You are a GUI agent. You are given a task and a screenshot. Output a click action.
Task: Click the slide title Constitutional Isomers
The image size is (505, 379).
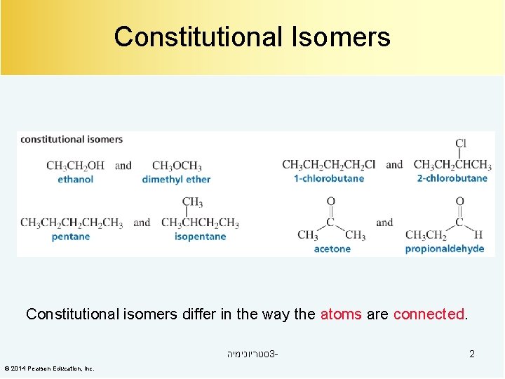pos(252,36)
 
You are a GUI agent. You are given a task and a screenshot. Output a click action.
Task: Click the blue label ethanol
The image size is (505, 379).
pos(75,180)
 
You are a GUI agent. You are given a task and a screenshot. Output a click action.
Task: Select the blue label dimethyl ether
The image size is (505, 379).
pos(176,180)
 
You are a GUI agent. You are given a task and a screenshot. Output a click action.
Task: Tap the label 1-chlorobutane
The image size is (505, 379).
pos(329,178)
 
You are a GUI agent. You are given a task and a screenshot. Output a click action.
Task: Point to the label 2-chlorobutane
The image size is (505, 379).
pos(452,178)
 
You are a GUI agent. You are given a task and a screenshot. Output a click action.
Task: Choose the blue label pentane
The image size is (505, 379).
pos(71,237)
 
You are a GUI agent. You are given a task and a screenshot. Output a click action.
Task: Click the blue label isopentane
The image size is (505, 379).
pos(200,237)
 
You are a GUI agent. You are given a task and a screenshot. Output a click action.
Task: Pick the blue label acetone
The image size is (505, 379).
pos(332,248)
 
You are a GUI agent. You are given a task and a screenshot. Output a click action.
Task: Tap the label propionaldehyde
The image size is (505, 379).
pos(445,248)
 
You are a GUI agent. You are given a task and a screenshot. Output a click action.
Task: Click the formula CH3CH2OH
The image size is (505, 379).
pos(75,166)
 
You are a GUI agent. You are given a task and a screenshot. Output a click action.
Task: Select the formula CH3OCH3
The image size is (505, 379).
pos(176,166)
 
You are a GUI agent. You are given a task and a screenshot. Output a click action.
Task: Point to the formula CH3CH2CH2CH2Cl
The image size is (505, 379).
pos(328,165)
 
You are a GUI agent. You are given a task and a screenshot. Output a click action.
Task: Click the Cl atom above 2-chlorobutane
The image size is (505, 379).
pos(461,143)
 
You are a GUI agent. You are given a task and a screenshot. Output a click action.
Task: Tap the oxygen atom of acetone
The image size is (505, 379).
pos(331,202)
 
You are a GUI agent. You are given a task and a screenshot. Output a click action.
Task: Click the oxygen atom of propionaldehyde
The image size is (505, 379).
pos(459,202)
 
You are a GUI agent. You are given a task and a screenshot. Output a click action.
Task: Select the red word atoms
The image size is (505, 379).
pos(341,314)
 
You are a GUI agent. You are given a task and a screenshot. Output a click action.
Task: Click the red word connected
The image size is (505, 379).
pos(429,314)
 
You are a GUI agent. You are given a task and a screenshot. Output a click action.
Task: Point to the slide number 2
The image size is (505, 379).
pos(472,354)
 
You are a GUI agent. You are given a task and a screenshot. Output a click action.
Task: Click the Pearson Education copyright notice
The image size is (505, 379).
pos(49,368)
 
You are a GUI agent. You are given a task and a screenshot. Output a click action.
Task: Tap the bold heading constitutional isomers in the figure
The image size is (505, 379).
pos(72,139)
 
